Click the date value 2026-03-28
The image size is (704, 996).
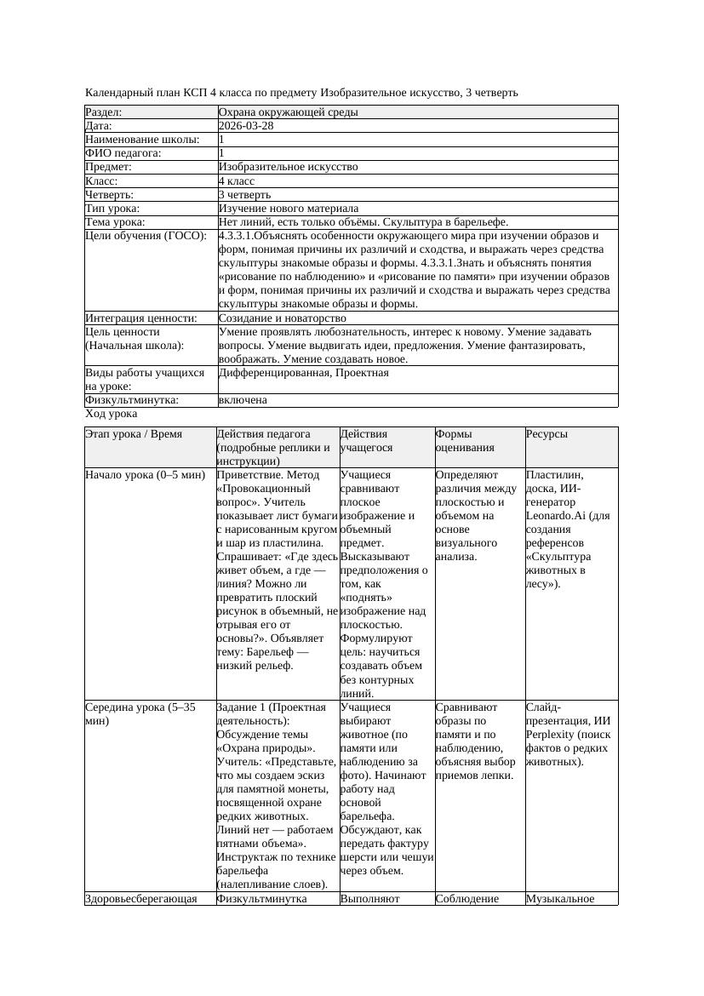pos(246,126)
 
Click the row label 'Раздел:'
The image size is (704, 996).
pos(104,112)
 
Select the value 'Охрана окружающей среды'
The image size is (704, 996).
pos(288,112)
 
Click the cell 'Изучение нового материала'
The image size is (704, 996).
pos(289,209)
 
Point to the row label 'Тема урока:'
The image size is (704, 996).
pos(115,222)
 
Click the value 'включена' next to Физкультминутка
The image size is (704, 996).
pos(243,400)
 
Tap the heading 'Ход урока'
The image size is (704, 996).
pos(112,414)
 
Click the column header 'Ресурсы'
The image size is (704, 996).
pos(547,434)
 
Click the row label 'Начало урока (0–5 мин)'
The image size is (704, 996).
pos(140,475)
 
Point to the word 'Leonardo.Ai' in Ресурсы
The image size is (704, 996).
pos(555,516)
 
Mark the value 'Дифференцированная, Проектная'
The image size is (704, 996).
pos(304,373)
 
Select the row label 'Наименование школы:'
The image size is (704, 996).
pos(142,140)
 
